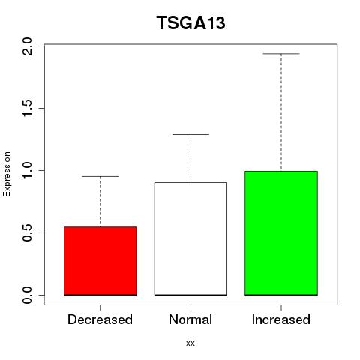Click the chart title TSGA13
(191, 22)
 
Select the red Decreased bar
(100, 261)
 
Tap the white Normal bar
(190, 239)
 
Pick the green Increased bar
(281, 233)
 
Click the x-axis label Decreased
(100, 319)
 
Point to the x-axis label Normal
(190, 319)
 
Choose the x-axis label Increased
(281, 319)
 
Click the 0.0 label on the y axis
(27, 295)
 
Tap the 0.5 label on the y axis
(27, 232)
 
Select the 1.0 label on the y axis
(27, 170)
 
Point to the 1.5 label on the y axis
(27, 108)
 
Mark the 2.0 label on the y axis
(27, 46)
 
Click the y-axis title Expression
(7, 174)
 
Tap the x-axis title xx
(190, 343)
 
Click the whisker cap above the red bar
(100, 176)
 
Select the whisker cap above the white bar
(190, 134)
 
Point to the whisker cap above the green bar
(281, 54)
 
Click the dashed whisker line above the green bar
(281, 112)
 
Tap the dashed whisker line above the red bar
(100, 202)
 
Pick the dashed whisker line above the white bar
(190, 158)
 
